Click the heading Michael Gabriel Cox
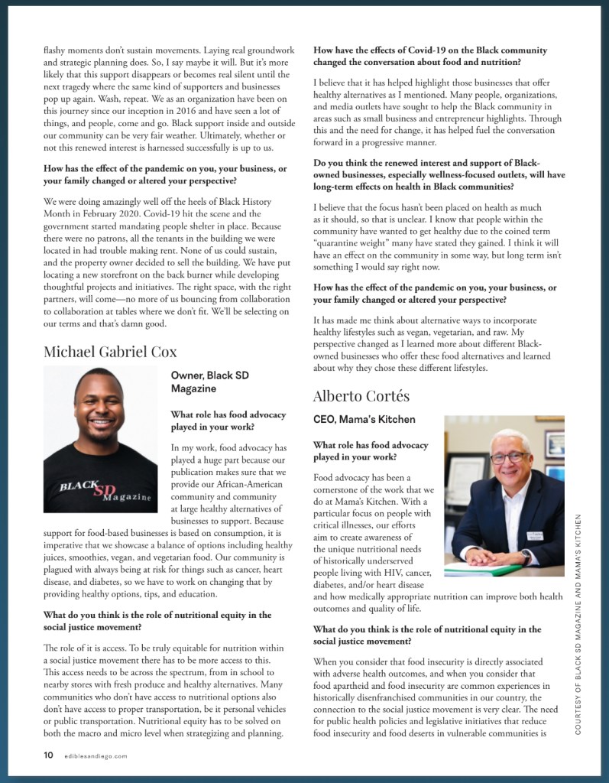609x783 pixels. [110, 352]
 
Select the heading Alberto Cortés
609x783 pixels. [361, 396]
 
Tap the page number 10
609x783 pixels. [48, 755]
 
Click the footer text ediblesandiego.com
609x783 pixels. [96, 755]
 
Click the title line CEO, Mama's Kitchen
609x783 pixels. [364, 419]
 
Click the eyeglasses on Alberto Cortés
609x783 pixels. [508, 457]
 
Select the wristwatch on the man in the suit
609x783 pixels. [526, 557]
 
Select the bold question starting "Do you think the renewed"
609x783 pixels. [439, 175]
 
